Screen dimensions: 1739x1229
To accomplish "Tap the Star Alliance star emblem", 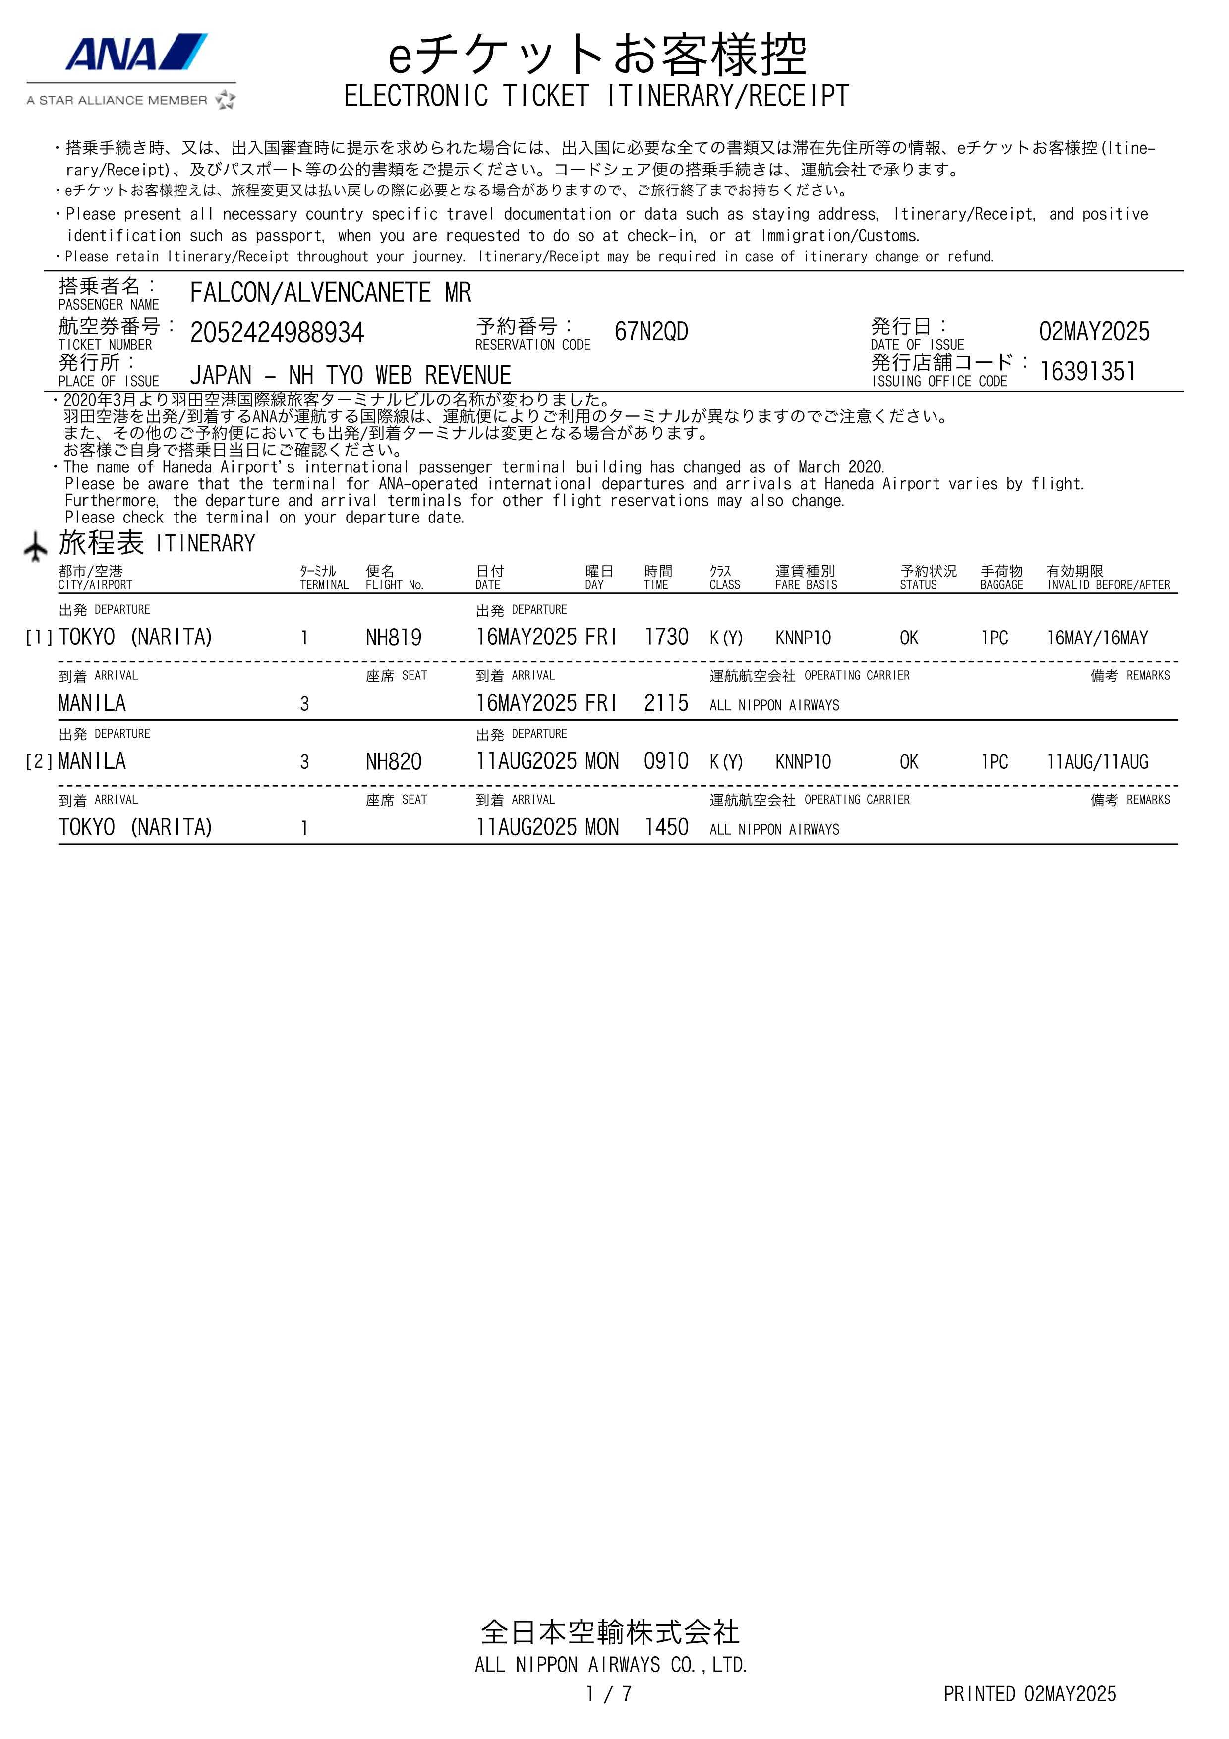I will pos(226,100).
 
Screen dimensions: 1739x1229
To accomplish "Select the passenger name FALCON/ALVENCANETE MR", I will pos(330,292).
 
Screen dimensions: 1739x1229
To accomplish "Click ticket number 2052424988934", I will pos(277,333).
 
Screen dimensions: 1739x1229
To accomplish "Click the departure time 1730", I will pos(666,637).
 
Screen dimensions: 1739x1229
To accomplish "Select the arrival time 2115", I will pos(666,703).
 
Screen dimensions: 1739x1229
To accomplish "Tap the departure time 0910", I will pos(666,761).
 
